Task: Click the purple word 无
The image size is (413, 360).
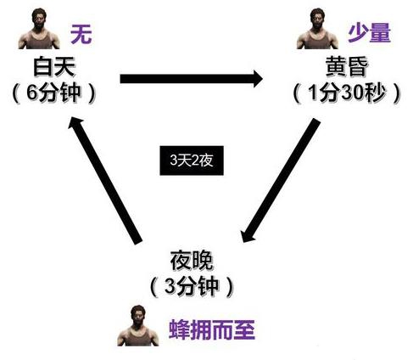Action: [x=81, y=34]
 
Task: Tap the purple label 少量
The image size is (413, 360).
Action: [x=369, y=33]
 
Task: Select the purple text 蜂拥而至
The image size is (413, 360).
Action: [x=212, y=329]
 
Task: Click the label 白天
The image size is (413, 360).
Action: [x=54, y=66]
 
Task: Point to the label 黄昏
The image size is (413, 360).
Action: [x=347, y=66]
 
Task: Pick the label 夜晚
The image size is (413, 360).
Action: [x=192, y=261]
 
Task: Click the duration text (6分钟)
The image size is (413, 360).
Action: [x=53, y=93]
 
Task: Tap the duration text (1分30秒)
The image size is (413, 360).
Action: [x=347, y=93]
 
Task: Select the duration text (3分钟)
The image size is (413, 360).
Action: [x=192, y=286]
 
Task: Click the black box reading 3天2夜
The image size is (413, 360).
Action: [x=192, y=160]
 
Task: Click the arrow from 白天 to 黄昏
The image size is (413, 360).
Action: [x=192, y=79]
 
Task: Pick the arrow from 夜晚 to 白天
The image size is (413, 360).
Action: [x=105, y=180]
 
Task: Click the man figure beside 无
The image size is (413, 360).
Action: [x=39, y=28]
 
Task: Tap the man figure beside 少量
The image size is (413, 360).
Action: [x=317, y=28]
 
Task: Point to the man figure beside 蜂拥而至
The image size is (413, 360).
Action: [x=138, y=325]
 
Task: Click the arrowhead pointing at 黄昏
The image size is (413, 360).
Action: [x=257, y=79]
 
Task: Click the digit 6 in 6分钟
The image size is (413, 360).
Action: [x=32, y=93]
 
